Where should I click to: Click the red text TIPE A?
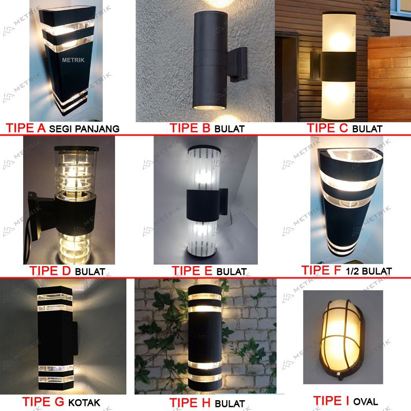point(26,128)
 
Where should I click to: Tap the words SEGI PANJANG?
point(84,129)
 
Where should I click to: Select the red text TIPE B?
point(190,128)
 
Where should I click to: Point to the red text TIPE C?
point(327,128)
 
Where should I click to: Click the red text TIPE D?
point(50,271)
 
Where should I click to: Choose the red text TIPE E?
point(192,271)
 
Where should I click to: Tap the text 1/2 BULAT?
point(369,271)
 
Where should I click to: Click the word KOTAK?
point(84,403)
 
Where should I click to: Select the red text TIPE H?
point(190,403)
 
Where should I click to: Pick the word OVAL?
point(366,402)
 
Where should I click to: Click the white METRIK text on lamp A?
point(73,60)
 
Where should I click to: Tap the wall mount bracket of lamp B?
point(237,65)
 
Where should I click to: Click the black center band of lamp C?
point(339,67)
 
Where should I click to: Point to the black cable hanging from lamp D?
point(28,236)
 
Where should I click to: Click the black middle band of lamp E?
point(203,205)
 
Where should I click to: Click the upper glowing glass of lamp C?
point(339,32)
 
